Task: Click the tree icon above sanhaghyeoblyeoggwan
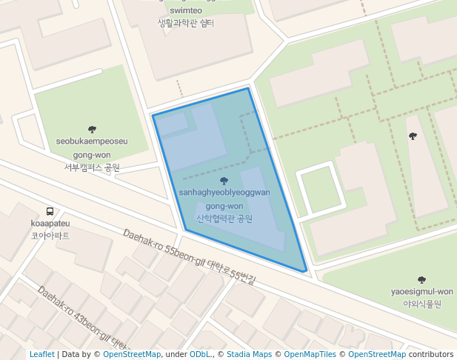point(224,180)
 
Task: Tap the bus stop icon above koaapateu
point(50,210)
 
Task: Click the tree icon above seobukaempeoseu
point(92,129)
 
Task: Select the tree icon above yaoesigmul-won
point(421,280)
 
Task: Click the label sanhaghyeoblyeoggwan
point(224,193)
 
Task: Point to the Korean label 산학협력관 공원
point(224,219)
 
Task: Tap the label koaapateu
point(50,223)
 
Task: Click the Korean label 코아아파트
point(50,236)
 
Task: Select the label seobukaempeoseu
point(92,141)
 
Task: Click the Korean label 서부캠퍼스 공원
point(92,167)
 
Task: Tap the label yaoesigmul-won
point(421,292)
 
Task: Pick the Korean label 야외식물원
point(421,304)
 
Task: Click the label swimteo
point(185,11)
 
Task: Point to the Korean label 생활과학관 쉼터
point(185,24)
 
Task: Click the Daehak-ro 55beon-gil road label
point(189,256)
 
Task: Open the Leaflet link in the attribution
point(41,355)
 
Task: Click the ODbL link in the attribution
point(200,355)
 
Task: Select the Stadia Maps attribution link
point(249,355)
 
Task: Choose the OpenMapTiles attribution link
point(310,355)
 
